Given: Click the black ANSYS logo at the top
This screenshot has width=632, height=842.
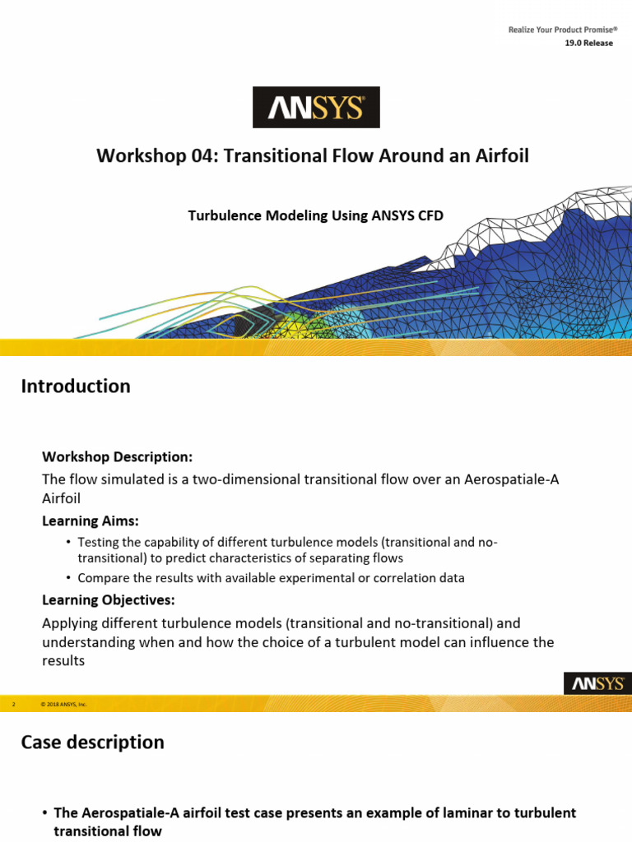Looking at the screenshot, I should pos(316,107).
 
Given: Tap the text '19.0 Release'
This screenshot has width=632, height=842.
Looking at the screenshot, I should pos(588,44).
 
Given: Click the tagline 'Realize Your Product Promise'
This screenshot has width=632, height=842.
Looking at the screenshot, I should pos(562,30).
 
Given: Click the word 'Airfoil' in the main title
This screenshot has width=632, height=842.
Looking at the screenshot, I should pos(500,155).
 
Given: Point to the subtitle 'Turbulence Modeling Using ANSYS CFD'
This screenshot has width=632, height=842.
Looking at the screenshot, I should pos(316,215).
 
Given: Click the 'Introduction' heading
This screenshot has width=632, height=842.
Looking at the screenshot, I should pos(76,386).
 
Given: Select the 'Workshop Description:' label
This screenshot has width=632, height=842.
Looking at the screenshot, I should pos(118,456).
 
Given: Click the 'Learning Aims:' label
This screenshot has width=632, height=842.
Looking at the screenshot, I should pos(91,520).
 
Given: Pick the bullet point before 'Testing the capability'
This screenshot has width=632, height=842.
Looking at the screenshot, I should pos(68,542).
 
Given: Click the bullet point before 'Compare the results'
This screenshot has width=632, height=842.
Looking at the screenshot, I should pos(68,578).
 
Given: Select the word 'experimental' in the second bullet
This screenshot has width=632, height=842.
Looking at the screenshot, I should pos(318,578).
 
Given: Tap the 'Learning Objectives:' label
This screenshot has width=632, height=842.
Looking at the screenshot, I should pos(109,599).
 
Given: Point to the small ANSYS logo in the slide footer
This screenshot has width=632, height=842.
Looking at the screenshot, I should pos(597,683).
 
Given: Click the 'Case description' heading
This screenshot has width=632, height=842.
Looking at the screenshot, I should pos(92,743).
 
